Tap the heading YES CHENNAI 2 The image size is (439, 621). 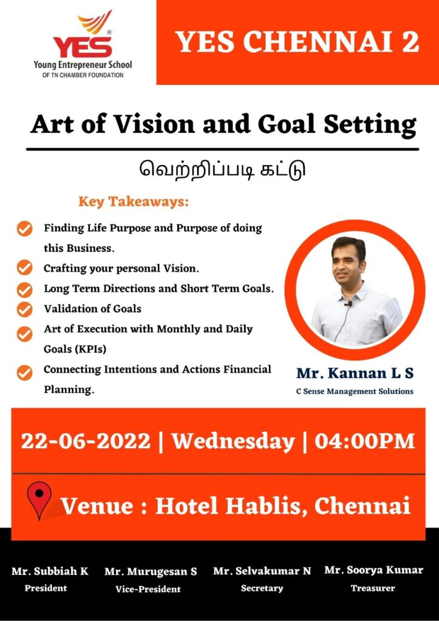(298, 42)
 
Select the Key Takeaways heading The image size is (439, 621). (134, 202)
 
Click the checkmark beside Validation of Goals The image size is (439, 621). (25, 309)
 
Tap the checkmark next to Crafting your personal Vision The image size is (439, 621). (25, 267)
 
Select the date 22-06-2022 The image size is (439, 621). (86, 441)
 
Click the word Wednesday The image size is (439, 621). (233, 441)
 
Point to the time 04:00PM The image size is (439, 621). (364, 441)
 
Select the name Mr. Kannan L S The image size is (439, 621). (355, 374)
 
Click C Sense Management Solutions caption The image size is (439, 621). (355, 391)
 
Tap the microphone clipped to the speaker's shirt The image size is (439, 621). (349, 303)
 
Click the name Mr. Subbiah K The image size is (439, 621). (50, 571)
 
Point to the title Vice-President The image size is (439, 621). (148, 589)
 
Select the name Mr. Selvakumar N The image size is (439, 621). (262, 571)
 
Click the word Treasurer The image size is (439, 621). (372, 588)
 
